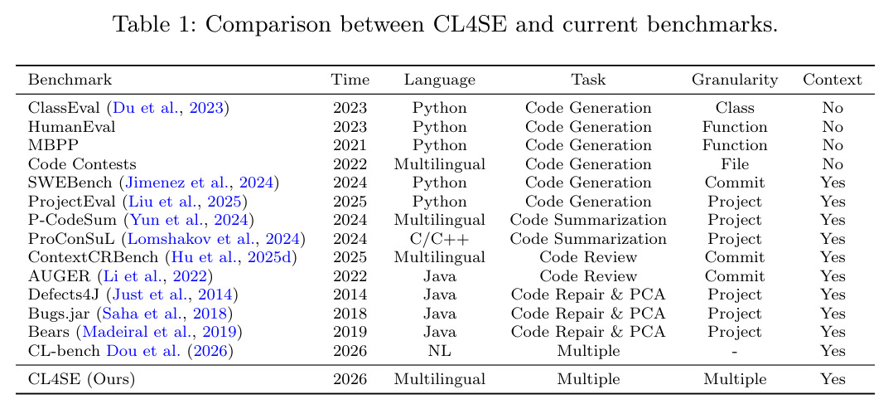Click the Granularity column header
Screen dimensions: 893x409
point(735,80)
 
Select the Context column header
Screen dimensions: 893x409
point(833,80)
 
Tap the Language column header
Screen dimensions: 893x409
point(440,80)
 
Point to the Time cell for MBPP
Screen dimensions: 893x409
point(350,145)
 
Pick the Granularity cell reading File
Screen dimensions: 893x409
point(735,164)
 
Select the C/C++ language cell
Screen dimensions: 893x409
point(440,239)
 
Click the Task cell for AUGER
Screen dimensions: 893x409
point(588,276)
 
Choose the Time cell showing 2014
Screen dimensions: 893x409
point(350,295)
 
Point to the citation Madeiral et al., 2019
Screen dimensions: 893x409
point(159,333)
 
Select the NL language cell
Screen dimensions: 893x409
point(440,352)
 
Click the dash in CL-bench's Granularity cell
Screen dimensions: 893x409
point(735,352)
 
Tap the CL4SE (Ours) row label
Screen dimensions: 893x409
point(82,379)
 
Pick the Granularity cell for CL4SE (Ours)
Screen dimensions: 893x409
point(735,379)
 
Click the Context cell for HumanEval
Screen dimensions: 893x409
point(833,127)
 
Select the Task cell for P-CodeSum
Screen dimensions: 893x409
point(588,221)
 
